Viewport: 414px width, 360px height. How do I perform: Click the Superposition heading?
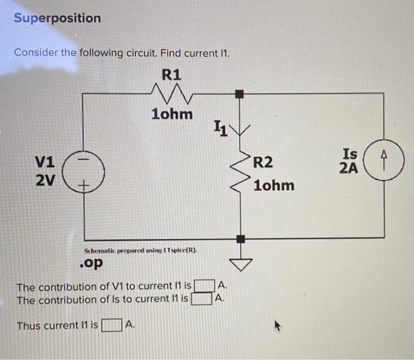(57, 18)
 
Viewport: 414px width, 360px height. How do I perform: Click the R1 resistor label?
(172, 75)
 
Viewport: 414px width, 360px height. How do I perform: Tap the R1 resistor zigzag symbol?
(172, 93)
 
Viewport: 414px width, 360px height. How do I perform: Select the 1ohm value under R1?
(172, 114)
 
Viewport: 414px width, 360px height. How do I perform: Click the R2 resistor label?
(263, 163)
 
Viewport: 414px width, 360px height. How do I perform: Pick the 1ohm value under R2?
(273, 185)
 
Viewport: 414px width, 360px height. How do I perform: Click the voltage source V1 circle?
(84, 171)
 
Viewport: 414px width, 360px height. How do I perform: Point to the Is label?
(349, 154)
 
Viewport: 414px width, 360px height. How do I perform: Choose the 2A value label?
(349, 168)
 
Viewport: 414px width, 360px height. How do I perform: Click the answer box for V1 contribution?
(204, 287)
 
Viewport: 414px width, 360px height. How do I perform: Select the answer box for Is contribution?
(201, 298)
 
